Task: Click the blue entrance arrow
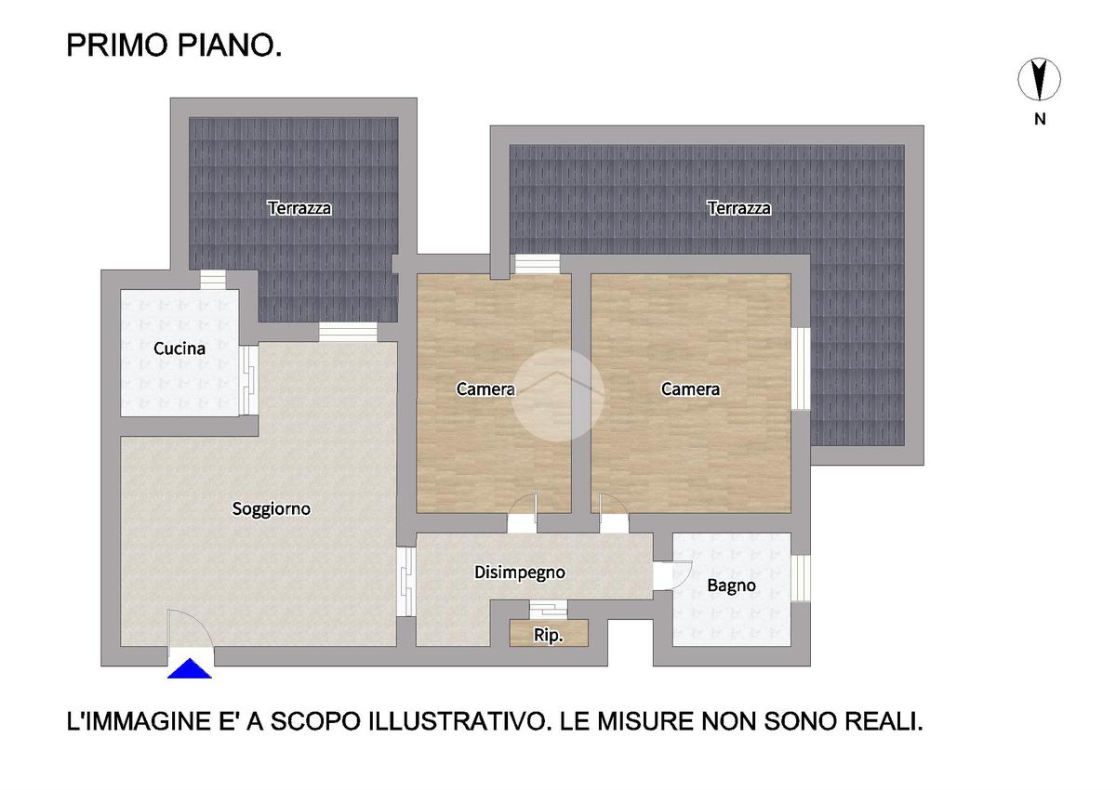point(190,668)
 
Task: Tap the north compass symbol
point(1039,80)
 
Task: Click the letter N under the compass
point(1040,120)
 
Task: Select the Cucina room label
point(179,349)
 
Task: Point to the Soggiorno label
point(272,508)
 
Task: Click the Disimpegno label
point(520,573)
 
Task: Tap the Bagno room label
point(731,586)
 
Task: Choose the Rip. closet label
point(548,635)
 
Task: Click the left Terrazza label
point(299,208)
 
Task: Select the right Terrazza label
point(738,208)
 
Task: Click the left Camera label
point(485,389)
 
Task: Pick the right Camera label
point(690,389)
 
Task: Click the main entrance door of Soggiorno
point(191,631)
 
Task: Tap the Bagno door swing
point(673,575)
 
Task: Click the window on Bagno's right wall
point(801,578)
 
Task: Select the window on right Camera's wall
point(801,368)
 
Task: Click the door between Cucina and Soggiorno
point(248,380)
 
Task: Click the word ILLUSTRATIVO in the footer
point(455,722)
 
